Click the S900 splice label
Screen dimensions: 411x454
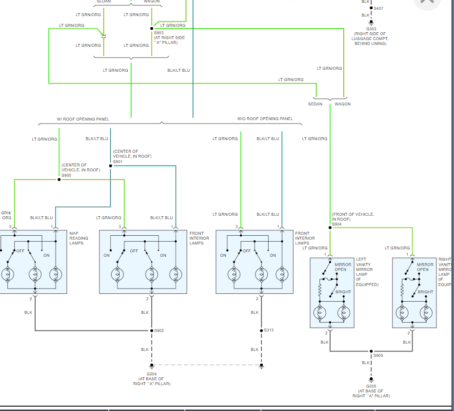(x=66, y=175)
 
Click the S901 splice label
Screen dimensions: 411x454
(x=118, y=162)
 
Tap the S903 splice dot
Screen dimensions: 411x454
(x=152, y=28)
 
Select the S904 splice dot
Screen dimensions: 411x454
(x=330, y=227)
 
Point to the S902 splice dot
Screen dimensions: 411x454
(x=151, y=331)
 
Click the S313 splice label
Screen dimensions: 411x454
(x=269, y=330)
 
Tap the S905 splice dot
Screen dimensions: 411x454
(x=371, y=351)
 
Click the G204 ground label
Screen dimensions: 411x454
(x=152, y=374)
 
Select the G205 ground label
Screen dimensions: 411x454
(x=372, y=386)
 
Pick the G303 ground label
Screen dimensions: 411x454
(x=372, y=29)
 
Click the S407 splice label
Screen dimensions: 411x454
(x=379, y=8)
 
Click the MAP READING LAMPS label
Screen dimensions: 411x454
(x=79, y=238)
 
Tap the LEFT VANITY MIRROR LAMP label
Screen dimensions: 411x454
(x=367, y=272)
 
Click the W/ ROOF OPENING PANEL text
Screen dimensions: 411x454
(x=83, y=119)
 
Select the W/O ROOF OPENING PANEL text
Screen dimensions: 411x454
(x=265, y=119)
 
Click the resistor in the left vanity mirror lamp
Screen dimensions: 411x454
(x=320, y=291)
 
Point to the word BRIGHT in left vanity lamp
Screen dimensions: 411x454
(x=343, y=292)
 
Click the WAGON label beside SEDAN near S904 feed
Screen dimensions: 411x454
(x=342, y=104)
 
